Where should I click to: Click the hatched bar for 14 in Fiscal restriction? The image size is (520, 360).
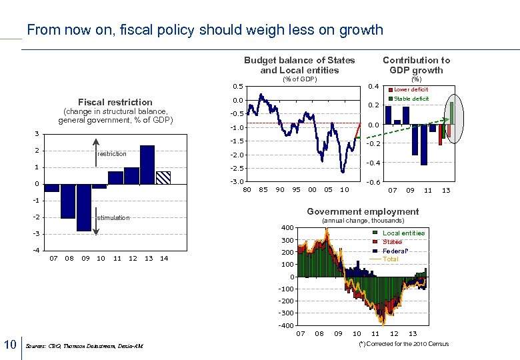(163, 177)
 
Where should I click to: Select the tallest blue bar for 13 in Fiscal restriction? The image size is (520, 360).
(147, 164)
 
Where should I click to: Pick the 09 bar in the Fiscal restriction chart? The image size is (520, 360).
(83, 207)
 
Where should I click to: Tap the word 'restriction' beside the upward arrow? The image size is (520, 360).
(111, 154)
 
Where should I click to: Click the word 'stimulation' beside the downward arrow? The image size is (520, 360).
(113, 218)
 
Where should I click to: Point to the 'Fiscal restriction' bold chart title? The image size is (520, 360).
(115, 102)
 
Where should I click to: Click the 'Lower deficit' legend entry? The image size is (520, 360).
(411, 89)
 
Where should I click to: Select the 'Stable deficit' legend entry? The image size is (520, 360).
(411, 99)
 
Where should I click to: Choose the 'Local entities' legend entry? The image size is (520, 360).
(403, 233)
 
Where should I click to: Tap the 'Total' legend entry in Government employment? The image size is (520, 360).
(390, 259)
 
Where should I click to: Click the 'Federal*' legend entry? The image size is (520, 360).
(395, 251)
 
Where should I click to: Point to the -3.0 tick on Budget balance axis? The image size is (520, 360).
(237, 181)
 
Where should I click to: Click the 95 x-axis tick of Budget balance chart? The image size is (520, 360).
(296, 190)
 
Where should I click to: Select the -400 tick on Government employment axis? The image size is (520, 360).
(285, 325)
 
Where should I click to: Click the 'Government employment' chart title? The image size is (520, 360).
(363, 212)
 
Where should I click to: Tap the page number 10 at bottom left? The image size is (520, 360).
(10, 344)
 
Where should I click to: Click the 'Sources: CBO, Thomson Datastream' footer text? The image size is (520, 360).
(83, 346)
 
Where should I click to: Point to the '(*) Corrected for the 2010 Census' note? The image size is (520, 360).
(403, 344)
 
